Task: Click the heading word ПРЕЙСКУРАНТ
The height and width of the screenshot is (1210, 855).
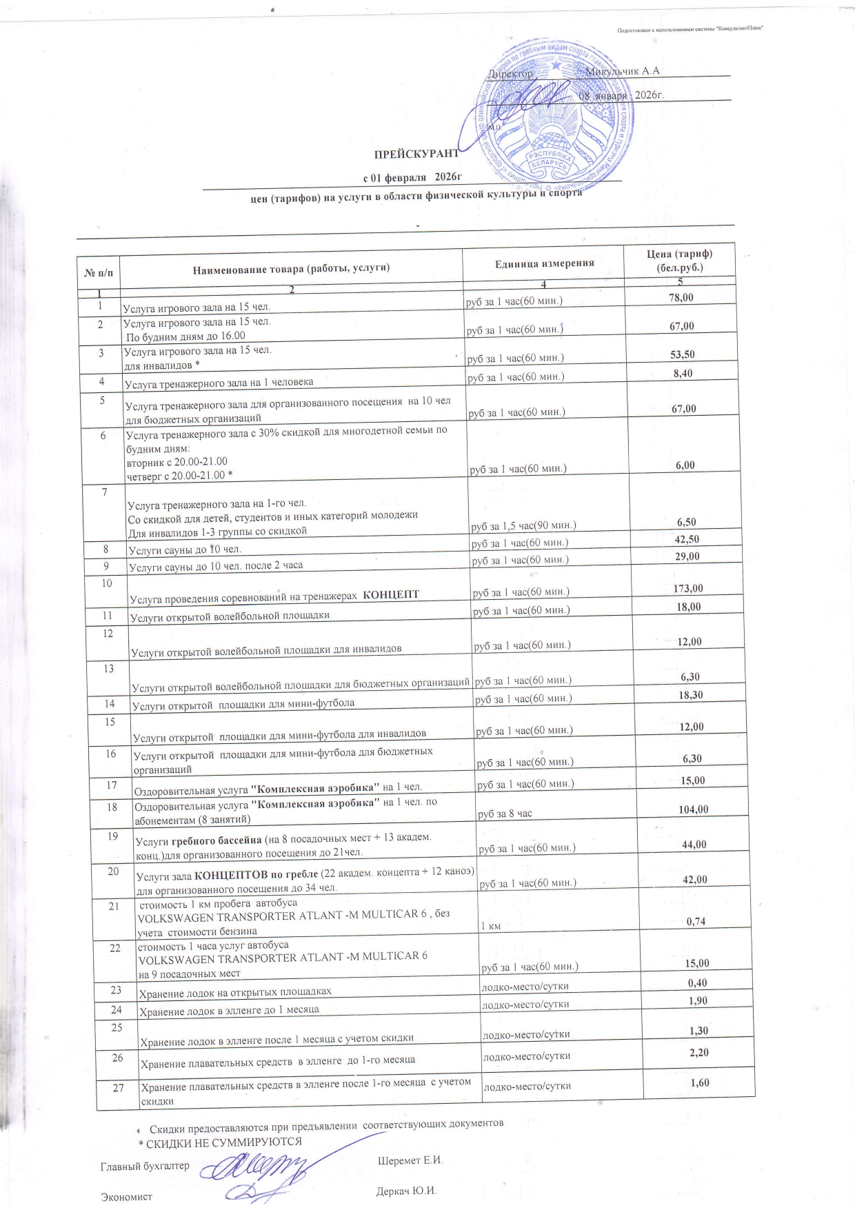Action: coord(416,153)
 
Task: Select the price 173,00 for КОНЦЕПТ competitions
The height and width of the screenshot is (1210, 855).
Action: coord(688,588)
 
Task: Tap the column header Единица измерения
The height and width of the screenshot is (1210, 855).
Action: coord(544,263)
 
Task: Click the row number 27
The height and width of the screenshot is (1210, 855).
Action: coord(119,1087)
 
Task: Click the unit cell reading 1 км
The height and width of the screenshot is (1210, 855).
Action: coord(490,927)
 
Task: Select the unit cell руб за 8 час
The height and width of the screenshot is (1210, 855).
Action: coord(505,814)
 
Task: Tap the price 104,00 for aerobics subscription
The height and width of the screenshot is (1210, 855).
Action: coord(693,809)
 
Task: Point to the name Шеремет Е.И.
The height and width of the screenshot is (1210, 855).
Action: coord(410,1160)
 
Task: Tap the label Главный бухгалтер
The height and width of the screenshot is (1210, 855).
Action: coord(145,1166)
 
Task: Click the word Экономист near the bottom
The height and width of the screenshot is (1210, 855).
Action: coord(126,1197)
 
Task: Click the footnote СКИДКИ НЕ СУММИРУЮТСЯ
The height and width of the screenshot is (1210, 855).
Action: coord(224,1141)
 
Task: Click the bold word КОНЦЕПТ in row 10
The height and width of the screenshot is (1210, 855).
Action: coord(391,594)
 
